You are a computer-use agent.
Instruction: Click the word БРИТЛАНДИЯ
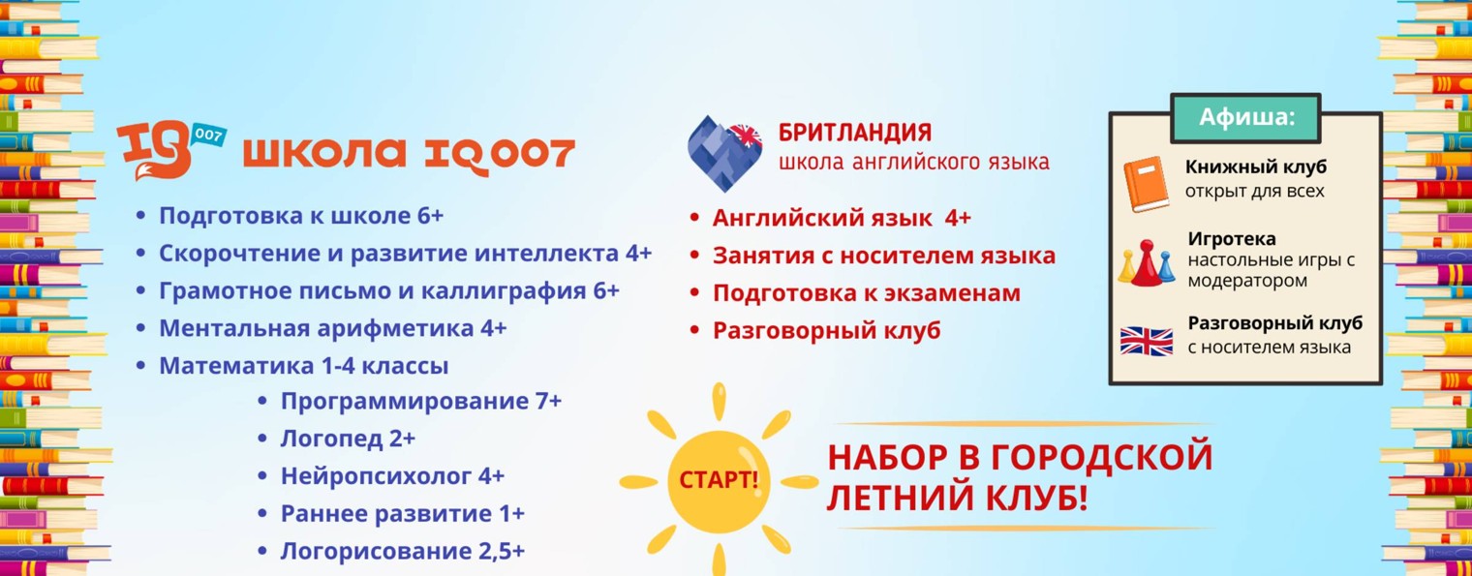tap(855, 133)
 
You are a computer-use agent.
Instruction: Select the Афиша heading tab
tap(1245, 117)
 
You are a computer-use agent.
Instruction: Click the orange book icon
tap(1147, 182)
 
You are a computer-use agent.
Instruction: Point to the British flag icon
tap(1147, 341)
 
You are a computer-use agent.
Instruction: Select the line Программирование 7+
tap(420, 401)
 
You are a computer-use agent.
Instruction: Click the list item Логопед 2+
tap(348, 439)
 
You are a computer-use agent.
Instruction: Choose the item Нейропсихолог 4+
tap(392, 476)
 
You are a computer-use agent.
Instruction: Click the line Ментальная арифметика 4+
tap(332, 328)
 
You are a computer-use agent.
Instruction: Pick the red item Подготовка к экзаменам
tap(866, 293)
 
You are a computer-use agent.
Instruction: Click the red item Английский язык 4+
tap(841, 218)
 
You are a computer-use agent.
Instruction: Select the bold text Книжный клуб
tap(1255, 167)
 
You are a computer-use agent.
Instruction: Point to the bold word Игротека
tap(1232, 238)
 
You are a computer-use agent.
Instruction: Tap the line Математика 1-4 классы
tap(303, 366)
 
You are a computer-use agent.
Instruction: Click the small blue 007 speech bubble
tap(209, 135)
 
